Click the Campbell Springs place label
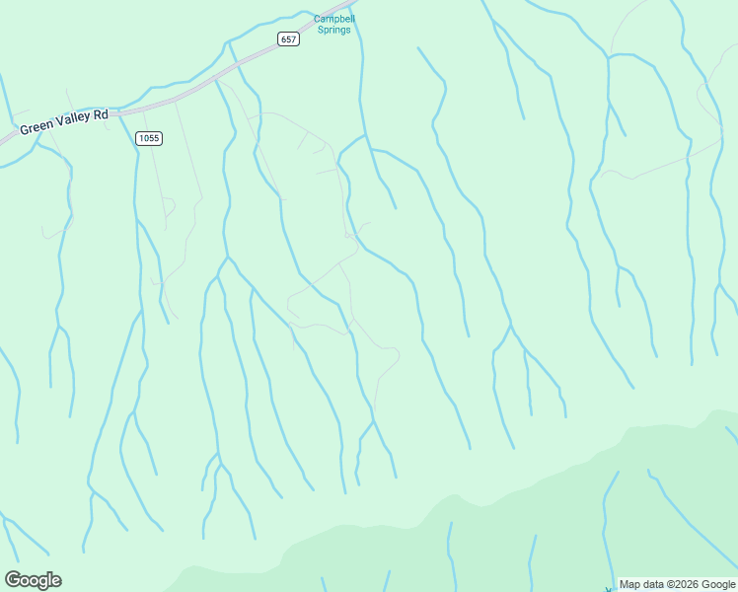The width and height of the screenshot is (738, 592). tap(333, 24)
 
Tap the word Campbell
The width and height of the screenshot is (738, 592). tap(333, 19)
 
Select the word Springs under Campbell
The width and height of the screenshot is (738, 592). tap(333, 30)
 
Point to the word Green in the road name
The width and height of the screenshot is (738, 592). tap(36, 127)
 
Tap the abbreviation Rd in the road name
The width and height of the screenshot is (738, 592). tap(101, 115)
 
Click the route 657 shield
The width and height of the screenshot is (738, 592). tap(287, 39)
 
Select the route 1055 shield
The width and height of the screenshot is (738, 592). tap(148, 138)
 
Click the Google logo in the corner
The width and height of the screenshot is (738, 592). tap(33, 580)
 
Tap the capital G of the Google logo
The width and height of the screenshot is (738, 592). tap(12, 579)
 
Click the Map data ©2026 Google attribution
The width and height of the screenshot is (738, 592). tap(677, 584)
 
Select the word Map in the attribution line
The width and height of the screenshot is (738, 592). tap(628, 584)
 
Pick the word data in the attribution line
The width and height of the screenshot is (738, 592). tap(652, 584)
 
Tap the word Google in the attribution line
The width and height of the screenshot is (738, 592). tap(717, 584)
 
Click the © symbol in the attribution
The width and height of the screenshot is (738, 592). tap(670, 584)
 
